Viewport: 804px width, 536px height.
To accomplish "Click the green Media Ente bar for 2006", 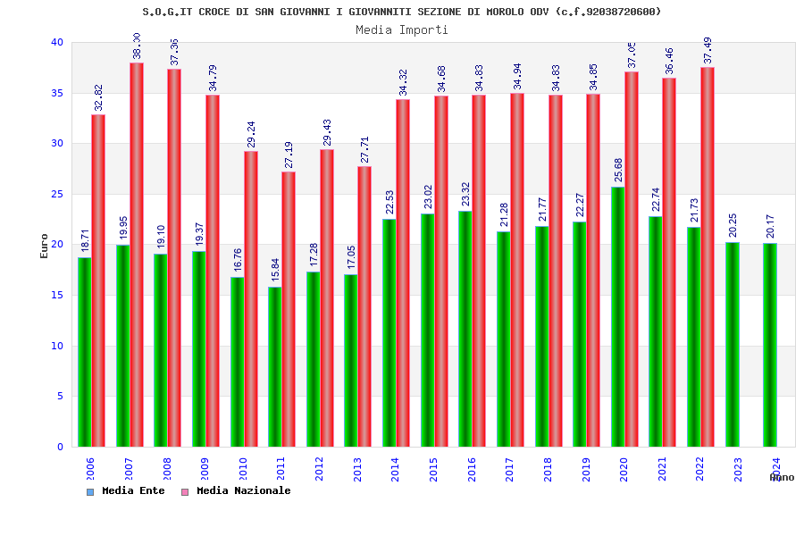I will pyautogui.click(x=84, y=352).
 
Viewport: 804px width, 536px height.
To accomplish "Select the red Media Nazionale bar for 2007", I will pyautogui.click(x=137, y=255).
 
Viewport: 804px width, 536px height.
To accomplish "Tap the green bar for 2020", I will pyautogui.click(x=618, y=317).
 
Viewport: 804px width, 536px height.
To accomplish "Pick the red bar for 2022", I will pyautogui.click(x=708, y=257).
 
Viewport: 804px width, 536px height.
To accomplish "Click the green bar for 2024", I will pyautogui.click(x=770, y=345).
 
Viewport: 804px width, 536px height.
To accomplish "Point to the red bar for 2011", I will pyautogui.click(x=289, y=309).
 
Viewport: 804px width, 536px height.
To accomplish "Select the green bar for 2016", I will pyautogui.click(x=465, y=329).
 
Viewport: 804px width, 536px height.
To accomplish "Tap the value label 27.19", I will pyautogui.click(x=289, y=155).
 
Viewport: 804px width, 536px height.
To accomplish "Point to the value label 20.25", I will pyautogui.click(x=733, y=225).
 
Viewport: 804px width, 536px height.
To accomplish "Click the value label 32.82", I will pyautogui.click(x=98, y=97).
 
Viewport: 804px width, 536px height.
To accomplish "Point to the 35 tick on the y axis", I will pyautogui.click(x=57, y=93).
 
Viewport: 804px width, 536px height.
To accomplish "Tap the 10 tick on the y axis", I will pyautogui.click(x=57, y=346).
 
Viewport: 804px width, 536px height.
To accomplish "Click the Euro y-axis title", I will pyautogui.click(x=45, y=246).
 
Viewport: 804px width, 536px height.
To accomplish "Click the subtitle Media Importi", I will pyautogui.click(x=402, y=29).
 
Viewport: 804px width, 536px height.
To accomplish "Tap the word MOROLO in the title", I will pyautogui.click(x=511, y=12).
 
